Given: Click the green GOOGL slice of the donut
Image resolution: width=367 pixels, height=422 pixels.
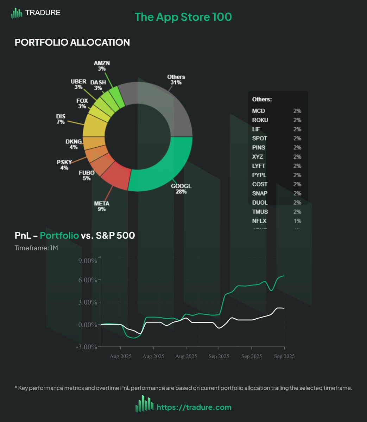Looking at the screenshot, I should click(x=165, y=169).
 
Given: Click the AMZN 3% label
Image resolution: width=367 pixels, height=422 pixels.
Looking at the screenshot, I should click(x=102, y=66).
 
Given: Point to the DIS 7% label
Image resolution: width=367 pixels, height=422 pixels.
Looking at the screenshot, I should click(x=61, y=119).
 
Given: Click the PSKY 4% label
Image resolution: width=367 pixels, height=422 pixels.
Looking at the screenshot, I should click(x=64, y=165).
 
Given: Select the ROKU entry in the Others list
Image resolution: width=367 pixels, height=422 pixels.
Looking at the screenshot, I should click(x=260, y=120).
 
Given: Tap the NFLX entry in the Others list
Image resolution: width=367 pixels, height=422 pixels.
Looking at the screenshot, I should click(x=259, y=221).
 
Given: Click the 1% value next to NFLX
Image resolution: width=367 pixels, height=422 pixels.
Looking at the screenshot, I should click(x=297, y=221).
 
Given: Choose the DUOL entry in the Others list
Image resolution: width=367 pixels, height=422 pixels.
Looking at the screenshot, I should click(x=260, y=203).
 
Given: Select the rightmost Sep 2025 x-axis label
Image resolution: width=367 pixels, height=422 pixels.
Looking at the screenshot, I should click(x=284, y=356).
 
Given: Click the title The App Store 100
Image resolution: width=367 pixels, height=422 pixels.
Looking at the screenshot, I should click(x=183, y=17).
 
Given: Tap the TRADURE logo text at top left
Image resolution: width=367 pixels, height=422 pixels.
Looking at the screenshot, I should click(x=43, y=13).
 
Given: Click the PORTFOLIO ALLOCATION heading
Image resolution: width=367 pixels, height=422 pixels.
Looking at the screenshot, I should click(x=72, y=42).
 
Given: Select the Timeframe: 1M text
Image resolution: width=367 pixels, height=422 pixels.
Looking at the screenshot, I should click(x=36, y=248).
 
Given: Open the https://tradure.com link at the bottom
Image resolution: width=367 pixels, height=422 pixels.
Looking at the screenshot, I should click(x=194, y=407).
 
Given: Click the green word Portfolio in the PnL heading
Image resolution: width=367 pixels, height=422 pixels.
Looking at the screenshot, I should click(x=59, y=235).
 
